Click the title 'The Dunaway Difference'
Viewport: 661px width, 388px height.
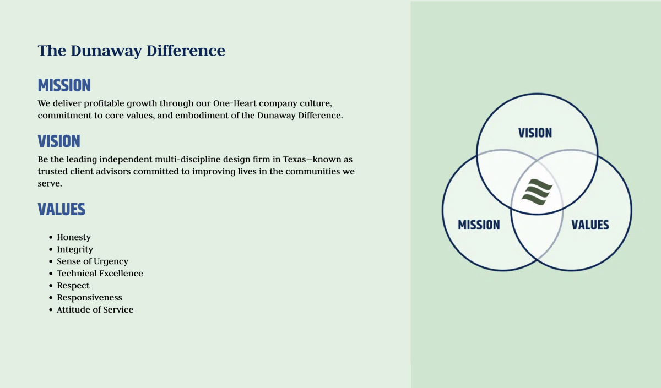click(x=132, y=51)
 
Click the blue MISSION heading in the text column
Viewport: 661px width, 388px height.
click(x=64, y=85)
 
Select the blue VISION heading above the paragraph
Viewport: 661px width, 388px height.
click(x=59, y=141)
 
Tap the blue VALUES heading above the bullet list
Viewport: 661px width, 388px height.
click(x=62, y=209)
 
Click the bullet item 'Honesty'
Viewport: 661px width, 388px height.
click(x=74, y=237)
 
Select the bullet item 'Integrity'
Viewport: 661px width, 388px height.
click(x=75, y=249)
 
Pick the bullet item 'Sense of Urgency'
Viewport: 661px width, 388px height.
click(x=93, y=261)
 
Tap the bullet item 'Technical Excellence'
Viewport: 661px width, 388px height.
click(x=100, y=274)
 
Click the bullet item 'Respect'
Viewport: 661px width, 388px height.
click(x=73, y=286)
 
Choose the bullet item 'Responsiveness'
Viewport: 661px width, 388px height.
click(x=89, y=298)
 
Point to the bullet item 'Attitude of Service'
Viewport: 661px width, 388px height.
click(x=95, y=309)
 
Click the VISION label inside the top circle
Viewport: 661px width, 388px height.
click(x=535, y=133)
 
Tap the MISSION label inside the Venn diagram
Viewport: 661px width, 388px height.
click(x=479, y=225)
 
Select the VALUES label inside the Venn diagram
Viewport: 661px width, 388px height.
click(x=590, y=225)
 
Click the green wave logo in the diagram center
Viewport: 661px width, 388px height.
click(x=537, y=192)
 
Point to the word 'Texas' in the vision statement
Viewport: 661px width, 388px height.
click(x=295, y=160)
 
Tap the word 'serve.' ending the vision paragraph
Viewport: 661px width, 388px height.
click(x=50, y=184)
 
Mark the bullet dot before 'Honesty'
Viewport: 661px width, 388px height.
click(x=51, y=237)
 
